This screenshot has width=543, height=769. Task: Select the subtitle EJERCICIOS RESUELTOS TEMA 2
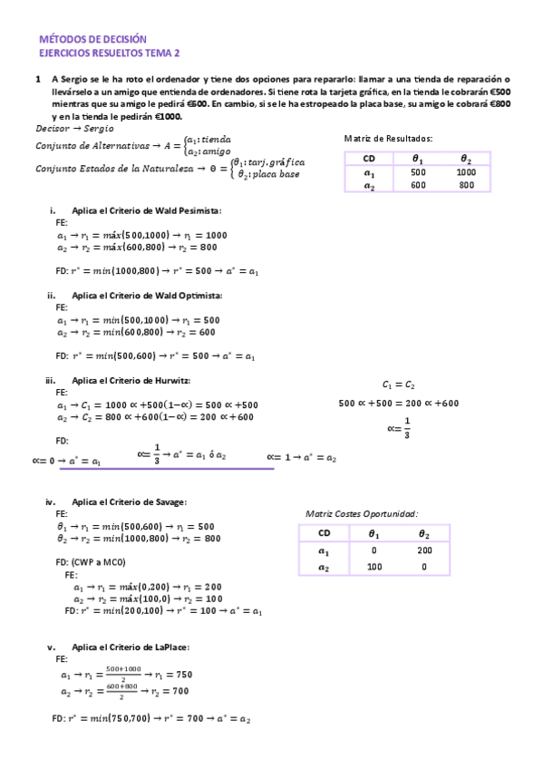pyautogui.click(x=110, y=54)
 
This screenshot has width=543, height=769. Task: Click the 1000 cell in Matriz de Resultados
pyautogui.click(x=466, y=171)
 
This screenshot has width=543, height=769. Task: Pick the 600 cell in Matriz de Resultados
pyautogui.click(x=418, y=185)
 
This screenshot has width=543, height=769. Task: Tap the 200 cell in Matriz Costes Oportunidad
pyautogui.click(x=425, y=550)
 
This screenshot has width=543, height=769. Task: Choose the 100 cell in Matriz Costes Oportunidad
pyautogui.click(x=373, y=566)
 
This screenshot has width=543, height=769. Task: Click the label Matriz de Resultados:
pyautogui.click(x=388, y=138)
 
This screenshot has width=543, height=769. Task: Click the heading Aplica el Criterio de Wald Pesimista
pyautogui.click(x=146, y=209)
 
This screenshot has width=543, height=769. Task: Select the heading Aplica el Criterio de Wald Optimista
pyautogui.click(x=146, y=296)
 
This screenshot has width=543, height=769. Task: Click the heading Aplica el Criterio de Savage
pyautogui.click(x=129, y=501)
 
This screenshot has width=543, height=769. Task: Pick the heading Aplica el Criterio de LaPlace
pyautogui.click(x=130, y=647)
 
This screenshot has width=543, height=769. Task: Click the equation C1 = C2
pyautogui.click(x=398, y=384)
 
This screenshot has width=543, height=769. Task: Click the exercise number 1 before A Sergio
pyautogui.click(x=37, y=80)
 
